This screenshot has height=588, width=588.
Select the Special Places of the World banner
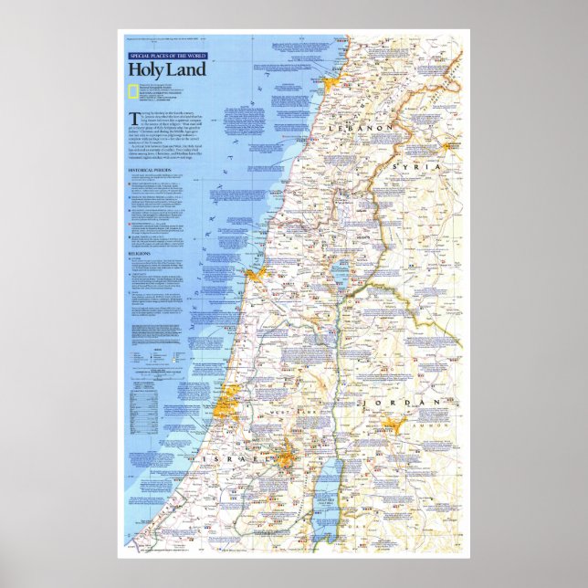[x=167, y=57]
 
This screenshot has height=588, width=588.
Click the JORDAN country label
[x=403, y=403]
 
